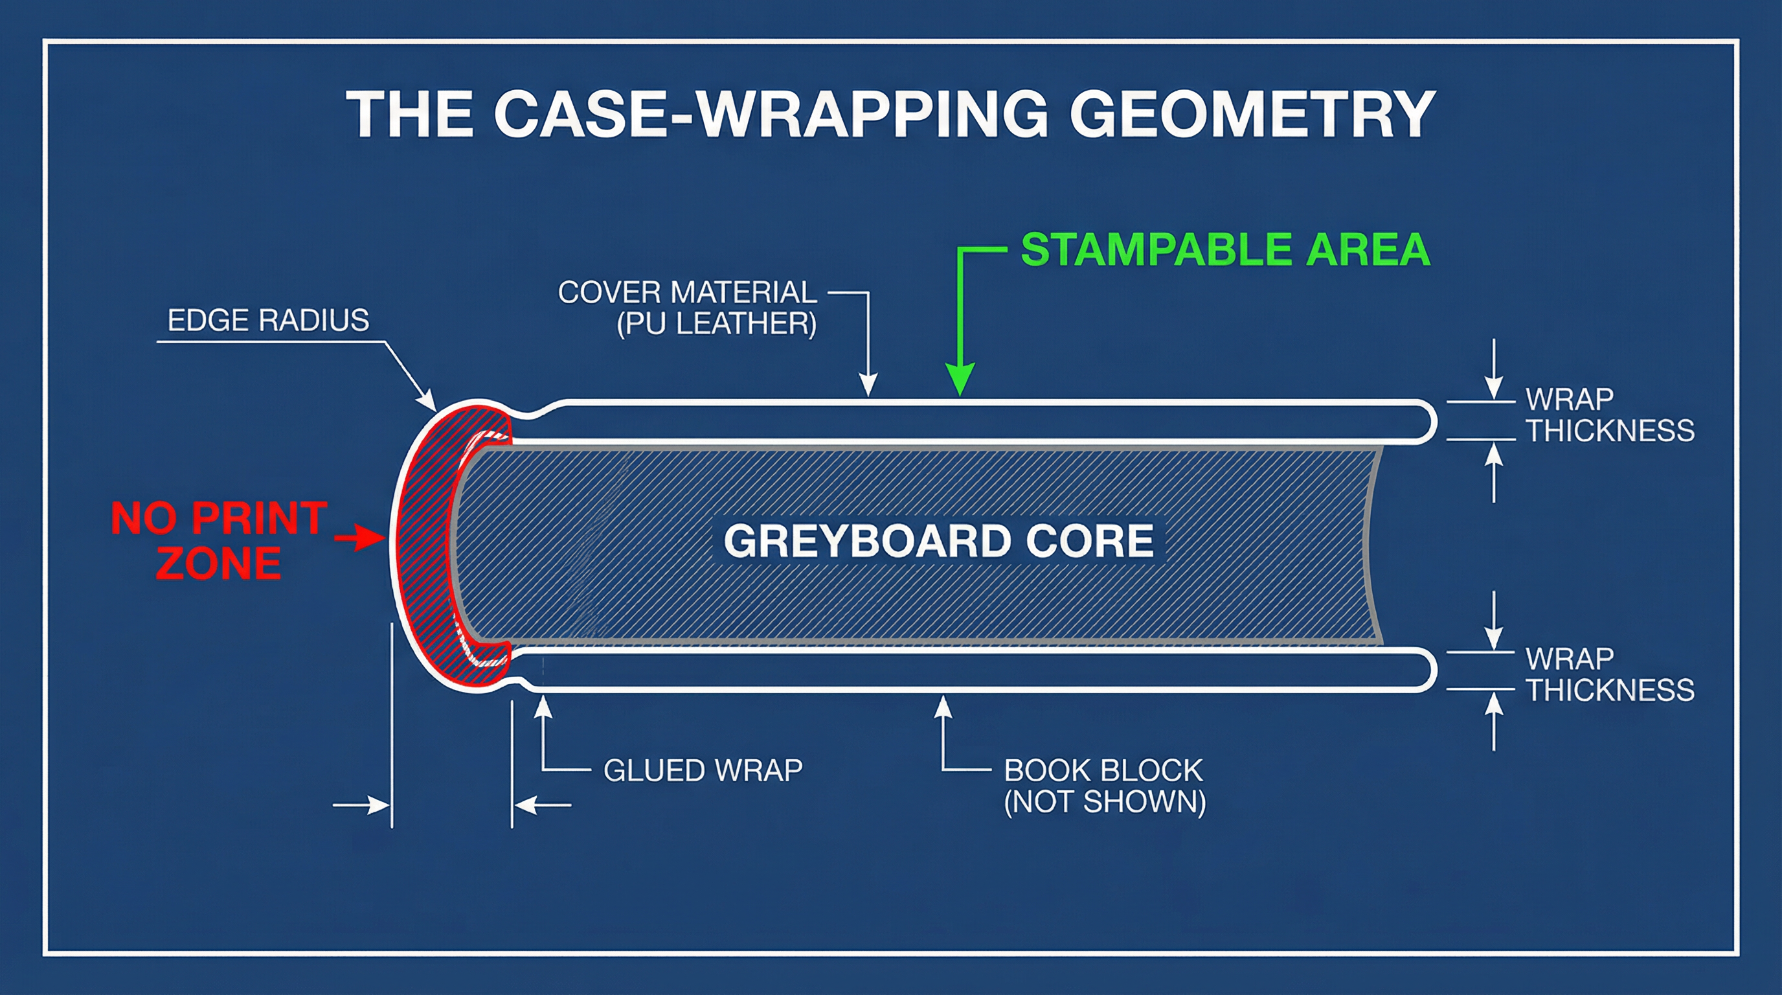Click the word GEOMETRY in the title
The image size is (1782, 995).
(1252, 114)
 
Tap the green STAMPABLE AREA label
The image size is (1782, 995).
(1225, 249)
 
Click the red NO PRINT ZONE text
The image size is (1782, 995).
(219, 540)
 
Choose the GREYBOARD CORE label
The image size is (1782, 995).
(938, 540)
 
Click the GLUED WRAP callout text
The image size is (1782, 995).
(703, 770)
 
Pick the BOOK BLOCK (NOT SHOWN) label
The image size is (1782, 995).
(1104, 786)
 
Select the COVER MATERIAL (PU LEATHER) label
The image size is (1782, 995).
(688, 308)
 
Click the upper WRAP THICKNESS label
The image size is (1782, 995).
(1610, 415)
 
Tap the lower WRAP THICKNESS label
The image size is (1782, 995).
(1610, 674)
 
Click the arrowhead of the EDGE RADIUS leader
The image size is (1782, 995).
(429, 402)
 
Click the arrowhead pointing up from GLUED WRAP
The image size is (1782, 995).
(544, 707)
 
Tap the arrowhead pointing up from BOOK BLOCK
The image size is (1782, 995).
(943, 707)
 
